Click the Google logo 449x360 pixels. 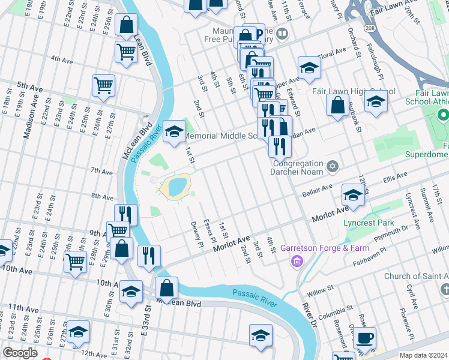(20, 353)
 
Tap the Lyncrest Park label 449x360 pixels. (369, 223)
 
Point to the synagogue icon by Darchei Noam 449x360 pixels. (333, 166)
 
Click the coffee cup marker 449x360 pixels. (365, 337)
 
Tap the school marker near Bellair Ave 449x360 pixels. (354, 194)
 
